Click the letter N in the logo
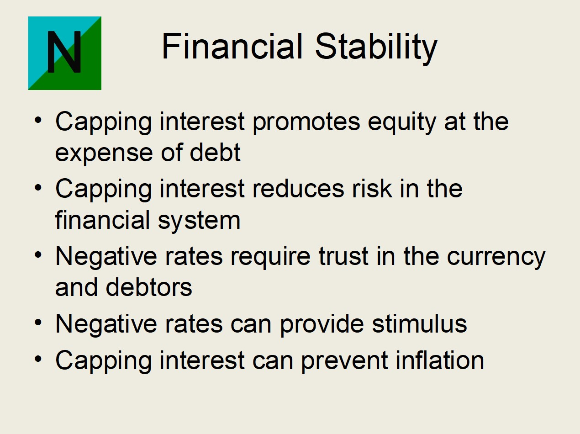pyautogui.click(x=64, y=52)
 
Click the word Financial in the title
pyautogui.click(x=232, y=46)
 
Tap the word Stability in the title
pyautogui.click(x=376, y=49)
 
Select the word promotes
pyautogui.click(x=306, y=122)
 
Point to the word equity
pyautogui.click(x=401, y=122)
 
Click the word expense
pyautogui.click(x=104, y=154)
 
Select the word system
pyautogui.click(x=199, y=221)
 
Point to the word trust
pyautogui.click(x=343, y=256)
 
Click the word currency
pyautogui.click(x=496, y=258)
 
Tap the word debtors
pyautogui.click(x=149, y=287)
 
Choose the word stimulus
pyautogui.click(x=419, y=324)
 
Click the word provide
pyautogui.click(x=322, y=325)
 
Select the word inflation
pyautogui.click(x=440, y=360)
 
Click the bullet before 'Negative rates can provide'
pyautogui.click(x=38, y=322)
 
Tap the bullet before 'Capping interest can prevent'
pyautogui.click(x=38, y=359)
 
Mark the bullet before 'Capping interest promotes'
pyautogui.click(x=38, y=120)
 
